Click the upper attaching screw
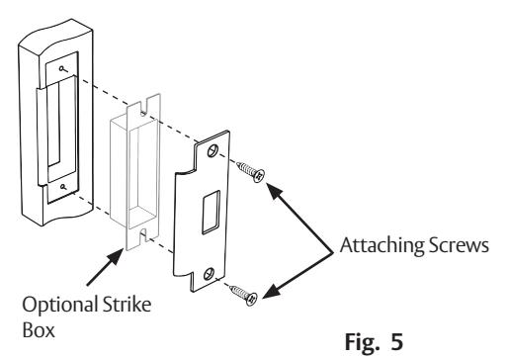251,171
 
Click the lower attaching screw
243,295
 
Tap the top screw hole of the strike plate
212,150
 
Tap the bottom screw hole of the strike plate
209,274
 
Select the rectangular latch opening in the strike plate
211,212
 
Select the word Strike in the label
127,305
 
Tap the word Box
39,329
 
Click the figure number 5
397,341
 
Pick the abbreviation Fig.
362,343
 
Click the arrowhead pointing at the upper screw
275,190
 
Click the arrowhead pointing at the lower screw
273,291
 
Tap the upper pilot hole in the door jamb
61,68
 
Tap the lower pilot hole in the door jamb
63,187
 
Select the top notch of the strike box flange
143,108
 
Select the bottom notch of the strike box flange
143,234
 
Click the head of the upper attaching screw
259,175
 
